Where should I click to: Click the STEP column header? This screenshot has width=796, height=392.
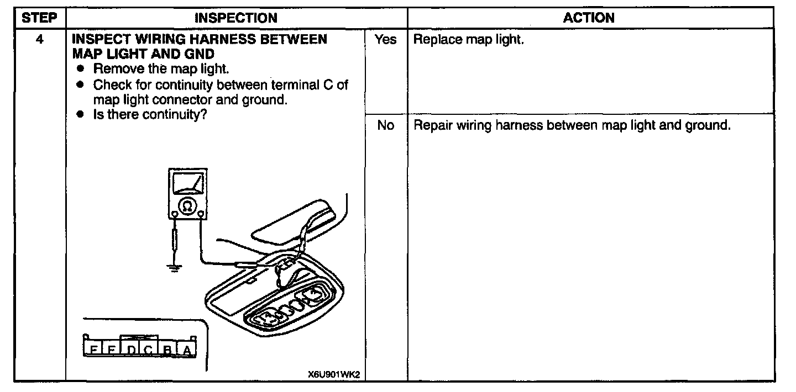click(x=39, y=18)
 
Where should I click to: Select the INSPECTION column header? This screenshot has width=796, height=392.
click(x=236, y=18)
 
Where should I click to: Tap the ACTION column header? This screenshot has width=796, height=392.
click(x=589, y=18)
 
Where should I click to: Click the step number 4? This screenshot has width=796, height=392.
click(x=39, y=40)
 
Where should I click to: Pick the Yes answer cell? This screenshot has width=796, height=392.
click(x=385, y=40)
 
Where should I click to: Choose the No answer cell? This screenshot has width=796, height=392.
click(x=385, y=125)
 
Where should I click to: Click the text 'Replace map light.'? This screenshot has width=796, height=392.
click(x=468, y=40)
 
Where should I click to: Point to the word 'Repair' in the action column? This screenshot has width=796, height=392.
click(x=432, y=125)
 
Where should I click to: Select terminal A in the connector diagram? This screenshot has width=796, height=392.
click(x=187, y=349)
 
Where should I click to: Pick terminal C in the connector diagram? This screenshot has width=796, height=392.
click(x=148, y=349)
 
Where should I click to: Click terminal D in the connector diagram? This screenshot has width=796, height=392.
click(x=130, y=349)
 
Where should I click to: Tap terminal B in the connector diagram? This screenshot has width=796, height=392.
click(x=167, y=349)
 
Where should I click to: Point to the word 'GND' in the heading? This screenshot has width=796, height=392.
click(x=196, y=54)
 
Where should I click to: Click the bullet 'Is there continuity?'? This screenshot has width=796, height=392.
click(x=146, y=115)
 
